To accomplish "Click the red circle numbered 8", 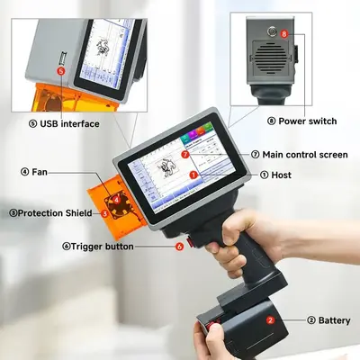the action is point(284,34).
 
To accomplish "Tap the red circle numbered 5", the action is point(61,71).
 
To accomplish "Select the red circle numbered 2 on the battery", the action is point(270,320).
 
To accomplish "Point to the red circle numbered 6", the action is point(179,247).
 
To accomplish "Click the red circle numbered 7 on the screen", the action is point(185,155).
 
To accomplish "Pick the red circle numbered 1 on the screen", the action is point(193,175).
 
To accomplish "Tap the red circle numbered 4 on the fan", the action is point(116,198).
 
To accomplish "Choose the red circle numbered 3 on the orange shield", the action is point(104,213).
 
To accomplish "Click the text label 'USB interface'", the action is point(69,123).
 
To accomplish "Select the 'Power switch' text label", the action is point(308,121).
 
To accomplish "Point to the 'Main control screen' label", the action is point(305,155).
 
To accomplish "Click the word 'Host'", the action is point(281,175).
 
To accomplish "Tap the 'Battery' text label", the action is point(334,320).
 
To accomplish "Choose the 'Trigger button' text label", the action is point(103,247).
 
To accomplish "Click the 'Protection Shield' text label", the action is point(55,213).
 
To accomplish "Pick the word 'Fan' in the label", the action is point(40,172).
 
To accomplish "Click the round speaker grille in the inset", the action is point(271,56).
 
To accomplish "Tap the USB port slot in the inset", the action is point(63,58).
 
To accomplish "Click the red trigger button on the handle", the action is point(190,242).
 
